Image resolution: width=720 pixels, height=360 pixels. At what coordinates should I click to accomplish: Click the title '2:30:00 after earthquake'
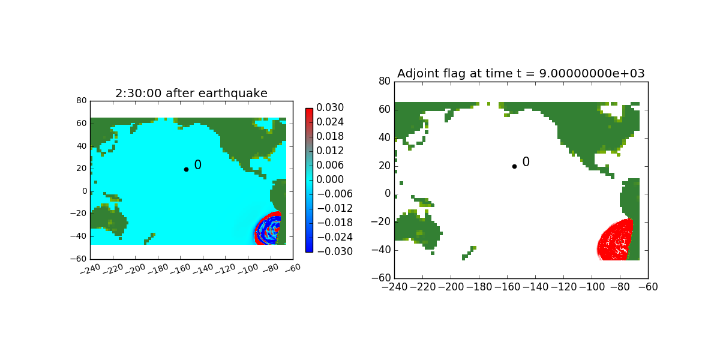(191, 93)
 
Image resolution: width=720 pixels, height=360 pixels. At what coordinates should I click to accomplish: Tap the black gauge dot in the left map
(186, 169)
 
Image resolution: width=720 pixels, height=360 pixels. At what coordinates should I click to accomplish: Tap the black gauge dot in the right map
(514, 167)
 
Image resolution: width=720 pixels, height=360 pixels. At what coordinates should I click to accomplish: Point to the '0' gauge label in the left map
(197, 165)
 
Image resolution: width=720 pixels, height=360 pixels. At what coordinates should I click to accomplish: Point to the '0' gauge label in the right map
(526, 161)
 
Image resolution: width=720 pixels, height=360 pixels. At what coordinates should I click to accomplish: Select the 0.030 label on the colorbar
(330, 107)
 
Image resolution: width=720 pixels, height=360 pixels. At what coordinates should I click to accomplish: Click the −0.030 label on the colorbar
(335, 251)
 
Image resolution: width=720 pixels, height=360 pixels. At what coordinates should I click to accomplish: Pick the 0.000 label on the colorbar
(330, 179)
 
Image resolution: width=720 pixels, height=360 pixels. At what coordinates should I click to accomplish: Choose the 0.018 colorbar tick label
(330, 136)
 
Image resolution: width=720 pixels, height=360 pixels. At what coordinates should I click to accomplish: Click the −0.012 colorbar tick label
(335, 208)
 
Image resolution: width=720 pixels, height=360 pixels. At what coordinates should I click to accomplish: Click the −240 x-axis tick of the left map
(91, 269)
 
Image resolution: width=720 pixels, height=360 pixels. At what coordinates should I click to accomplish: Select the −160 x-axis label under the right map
(507, 287)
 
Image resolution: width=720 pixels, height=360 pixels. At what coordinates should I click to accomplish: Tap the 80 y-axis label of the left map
(82, 101)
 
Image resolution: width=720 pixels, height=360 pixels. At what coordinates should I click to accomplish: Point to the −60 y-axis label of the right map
(381, 278)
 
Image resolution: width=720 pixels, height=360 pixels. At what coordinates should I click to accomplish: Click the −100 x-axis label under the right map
(592, 287)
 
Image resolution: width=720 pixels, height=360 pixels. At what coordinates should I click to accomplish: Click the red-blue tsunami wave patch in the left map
(268, 229)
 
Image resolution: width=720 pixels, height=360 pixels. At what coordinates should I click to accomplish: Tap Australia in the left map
(109, 221)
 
